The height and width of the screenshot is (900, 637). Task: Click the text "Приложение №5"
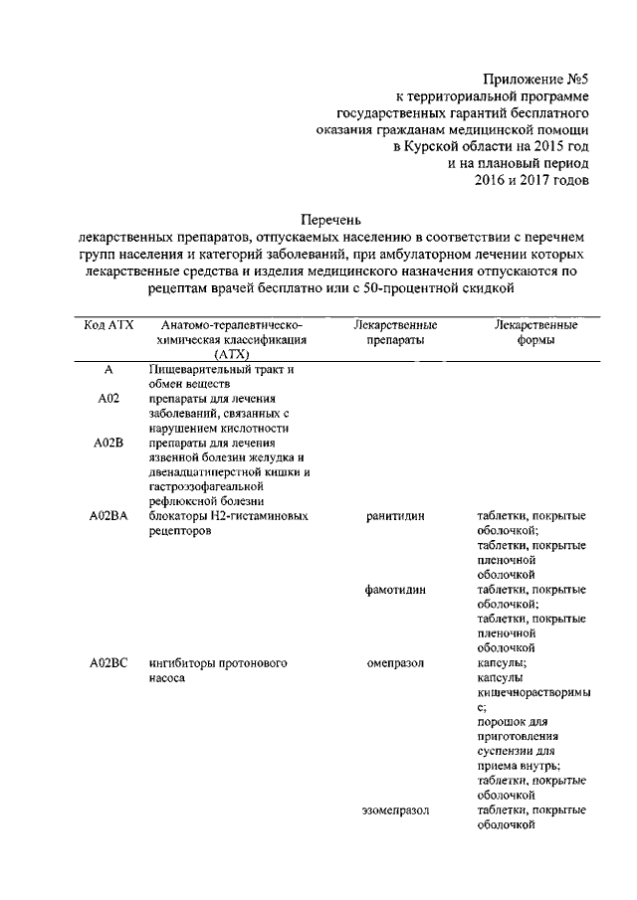click(535, 78)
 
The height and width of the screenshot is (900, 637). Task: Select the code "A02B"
click(107, 443)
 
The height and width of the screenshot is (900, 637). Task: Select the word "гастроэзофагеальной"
click(204, 486)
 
